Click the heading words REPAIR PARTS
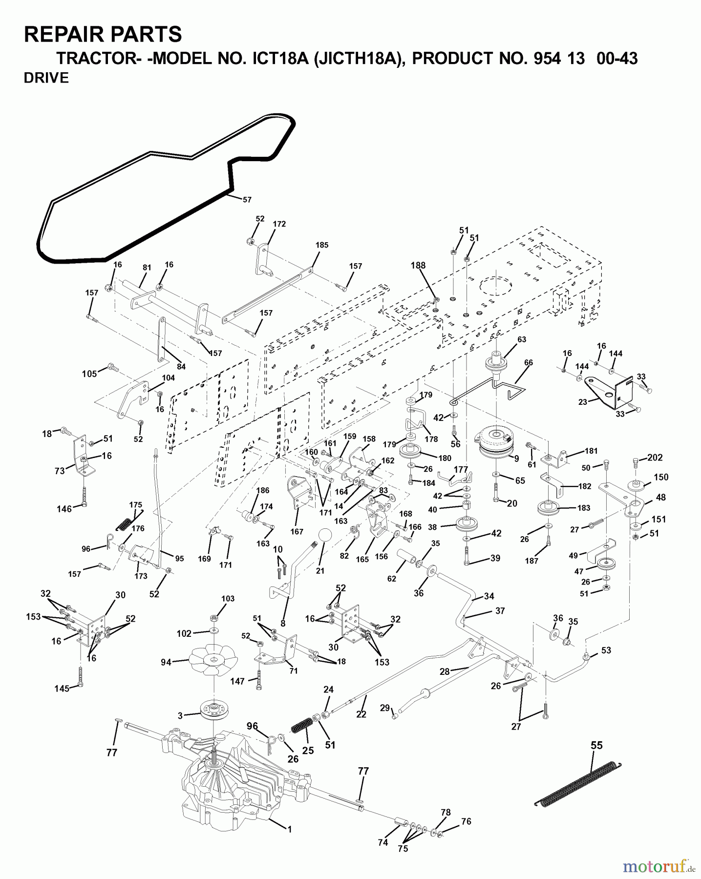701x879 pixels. [x=103, y=35]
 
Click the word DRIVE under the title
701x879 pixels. [x=46, y=78]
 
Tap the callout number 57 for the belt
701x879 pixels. [x=247, y=200]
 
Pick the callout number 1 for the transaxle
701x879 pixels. [x=289, y=829]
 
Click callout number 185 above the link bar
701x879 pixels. [x=322, y=245]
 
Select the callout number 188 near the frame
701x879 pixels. [x=418, y=266]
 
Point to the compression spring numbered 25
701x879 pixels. [x=301, y=725]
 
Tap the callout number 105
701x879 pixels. [x=89, y=374]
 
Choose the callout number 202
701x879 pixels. [x=655, y=458]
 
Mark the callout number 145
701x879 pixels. [x=62, y=689]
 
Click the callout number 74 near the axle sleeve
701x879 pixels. [x=382, y=842]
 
